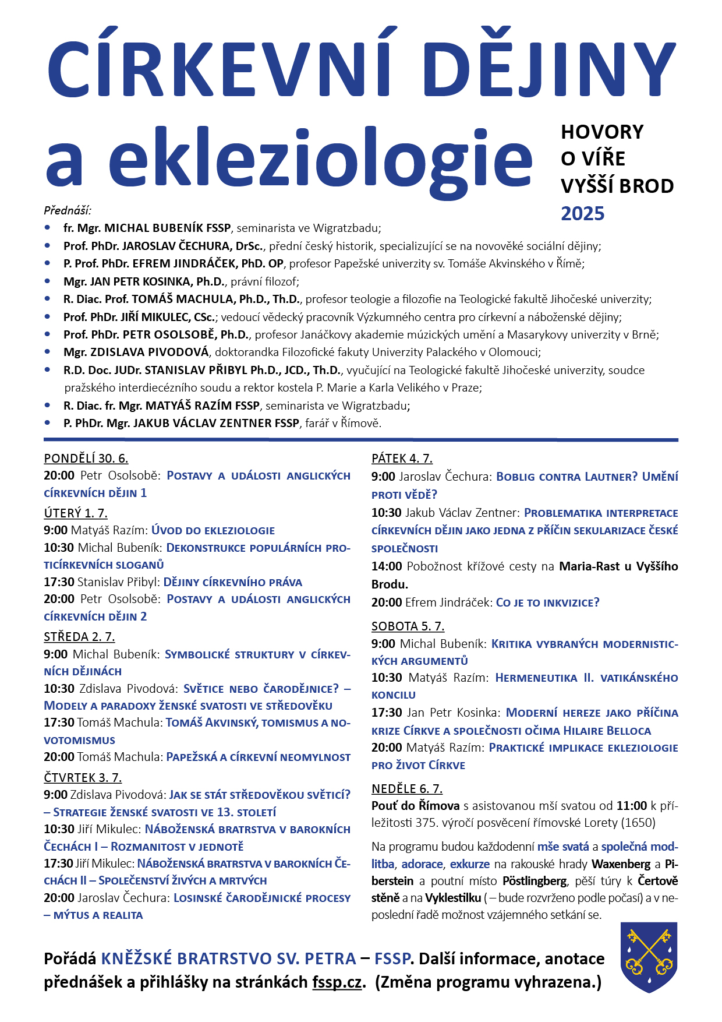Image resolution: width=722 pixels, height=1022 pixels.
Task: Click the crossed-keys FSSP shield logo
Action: [649, 957]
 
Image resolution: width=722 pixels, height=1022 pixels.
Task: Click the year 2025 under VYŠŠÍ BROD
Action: [582, 214]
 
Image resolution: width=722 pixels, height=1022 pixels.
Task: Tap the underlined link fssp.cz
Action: [337, 982]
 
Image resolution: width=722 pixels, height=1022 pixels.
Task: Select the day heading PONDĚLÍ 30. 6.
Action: [86, 458]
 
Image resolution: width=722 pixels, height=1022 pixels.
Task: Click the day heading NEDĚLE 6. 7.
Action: [407, 788]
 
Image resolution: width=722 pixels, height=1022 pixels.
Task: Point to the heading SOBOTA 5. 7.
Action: [408, 626]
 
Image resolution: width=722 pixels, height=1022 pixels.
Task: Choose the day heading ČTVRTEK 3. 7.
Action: [83, 777]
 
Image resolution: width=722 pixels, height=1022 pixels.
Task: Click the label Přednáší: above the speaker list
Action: [68, 210]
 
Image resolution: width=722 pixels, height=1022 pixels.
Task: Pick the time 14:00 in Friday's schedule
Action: [387, 566]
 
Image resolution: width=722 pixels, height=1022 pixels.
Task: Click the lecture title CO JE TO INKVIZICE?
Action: [547, 602]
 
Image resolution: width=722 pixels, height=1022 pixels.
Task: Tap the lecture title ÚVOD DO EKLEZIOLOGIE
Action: [213, 530]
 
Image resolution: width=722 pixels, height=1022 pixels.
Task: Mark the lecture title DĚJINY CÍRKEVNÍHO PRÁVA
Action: [232, 582]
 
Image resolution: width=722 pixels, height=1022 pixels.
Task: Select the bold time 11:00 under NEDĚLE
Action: [632, 805]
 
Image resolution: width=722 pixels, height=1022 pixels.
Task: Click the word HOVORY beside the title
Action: [602, 132]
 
